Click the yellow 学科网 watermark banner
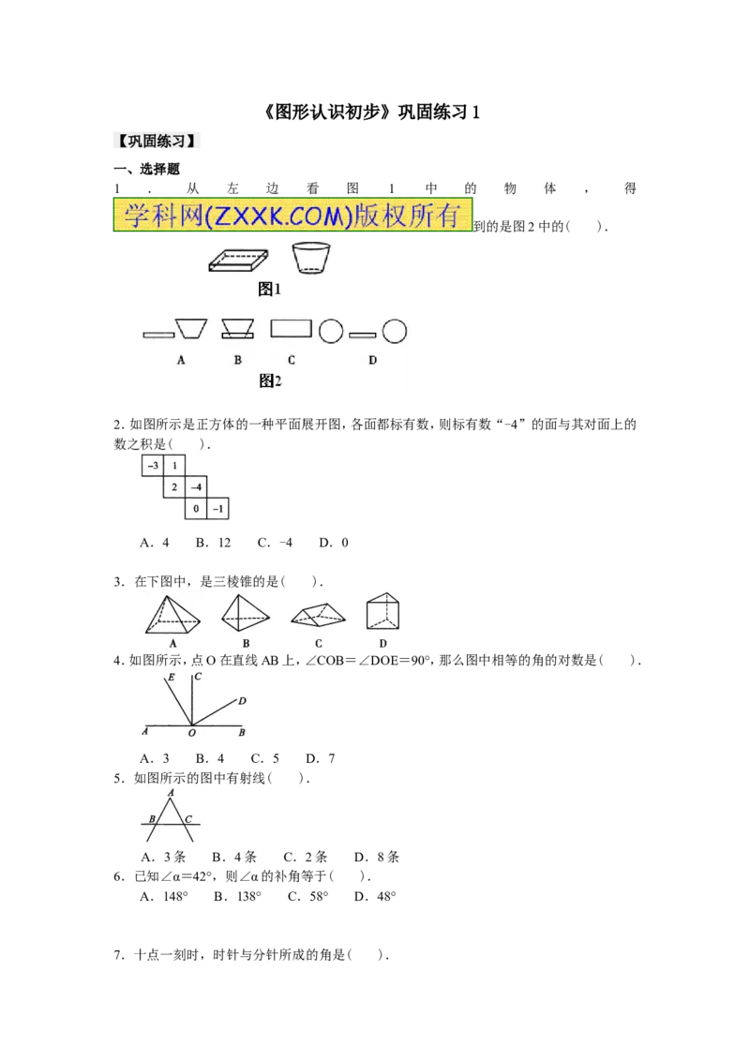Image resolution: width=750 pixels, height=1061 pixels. [x=292, y=216]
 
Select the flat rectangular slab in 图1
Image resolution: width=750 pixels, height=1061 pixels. [x=238, y=261]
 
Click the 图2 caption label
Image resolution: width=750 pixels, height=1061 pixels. [x=270, y=381]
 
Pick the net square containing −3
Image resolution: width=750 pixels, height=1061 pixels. [x=152, y=466]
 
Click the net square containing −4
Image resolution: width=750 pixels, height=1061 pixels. [x=196, y=487]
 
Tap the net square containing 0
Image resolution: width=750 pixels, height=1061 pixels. [x=196, y=509]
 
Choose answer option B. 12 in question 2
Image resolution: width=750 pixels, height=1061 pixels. [x=213, y=543]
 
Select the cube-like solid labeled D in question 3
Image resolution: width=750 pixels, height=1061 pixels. [x=382, y=612]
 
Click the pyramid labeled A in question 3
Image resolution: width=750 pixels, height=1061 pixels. [x=172, y=615]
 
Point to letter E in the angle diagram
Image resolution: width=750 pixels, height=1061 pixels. [x=172, y=678]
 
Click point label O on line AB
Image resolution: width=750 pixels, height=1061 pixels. [x=191, y=733]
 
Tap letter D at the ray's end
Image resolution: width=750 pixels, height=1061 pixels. [x=242, y=701]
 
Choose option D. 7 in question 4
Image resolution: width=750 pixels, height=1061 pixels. [x=321, y=758]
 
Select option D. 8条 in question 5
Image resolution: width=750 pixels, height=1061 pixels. [x=376, y=857]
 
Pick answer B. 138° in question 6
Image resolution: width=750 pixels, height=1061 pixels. [x=237, y=897]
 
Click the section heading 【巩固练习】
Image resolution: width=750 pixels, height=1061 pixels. [x=157, y=142]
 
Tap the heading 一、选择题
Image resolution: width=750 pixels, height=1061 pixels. [x=146, y=169]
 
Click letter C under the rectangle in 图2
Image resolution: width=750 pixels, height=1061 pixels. [x=291, y=360]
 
